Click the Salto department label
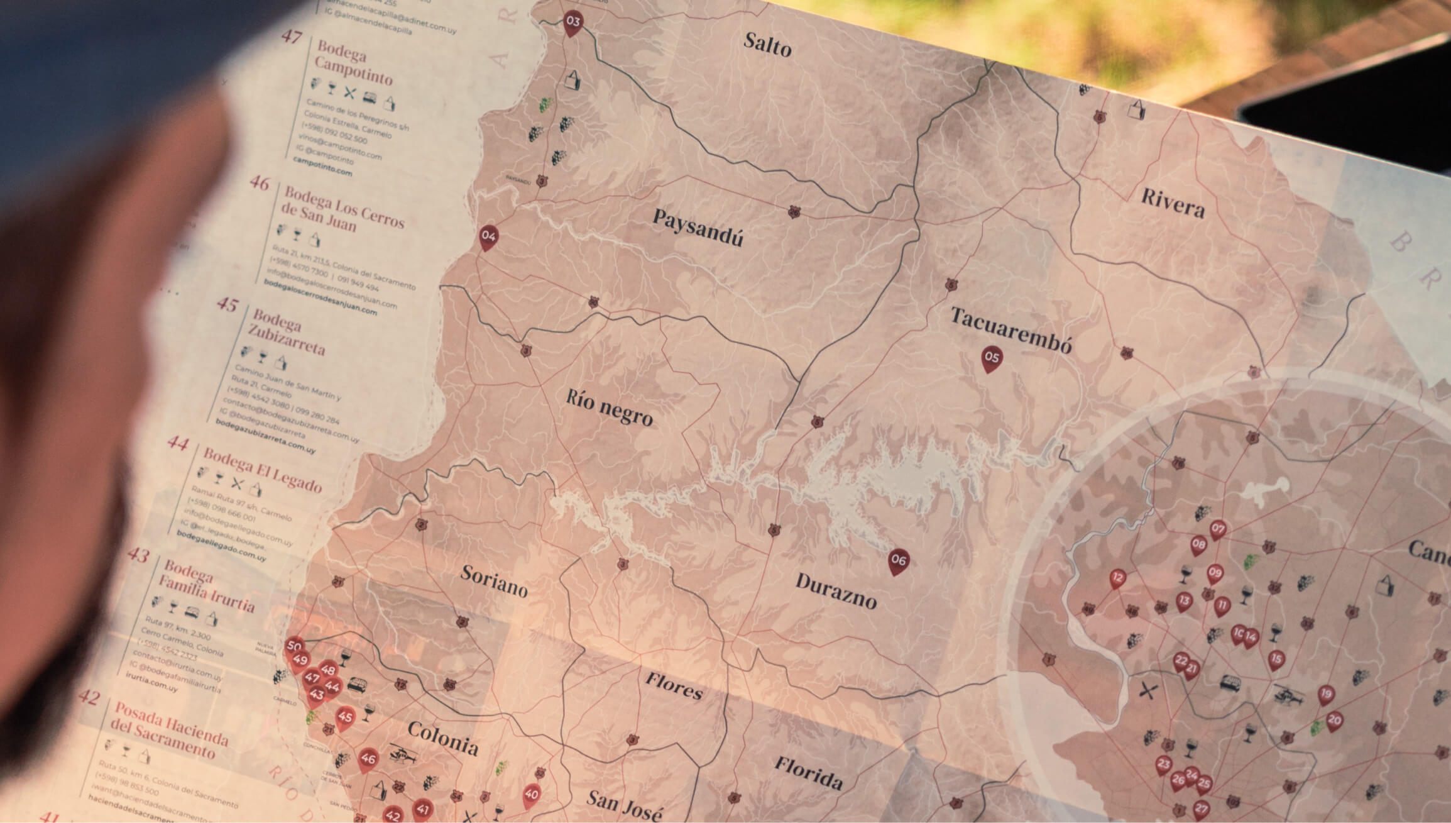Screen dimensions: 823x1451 767,45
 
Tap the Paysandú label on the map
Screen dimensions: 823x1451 698,228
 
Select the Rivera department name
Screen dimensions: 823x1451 1173,202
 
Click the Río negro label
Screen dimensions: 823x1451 609,407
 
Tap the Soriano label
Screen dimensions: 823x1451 494,580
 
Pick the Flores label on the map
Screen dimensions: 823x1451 674,686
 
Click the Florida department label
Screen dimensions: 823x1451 808,773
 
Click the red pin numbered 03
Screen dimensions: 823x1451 572,22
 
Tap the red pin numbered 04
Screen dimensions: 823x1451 488,237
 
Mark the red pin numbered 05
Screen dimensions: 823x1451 992,358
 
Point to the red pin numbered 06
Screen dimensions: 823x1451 899,560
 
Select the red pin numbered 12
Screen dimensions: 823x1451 1117,578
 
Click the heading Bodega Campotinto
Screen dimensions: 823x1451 354,64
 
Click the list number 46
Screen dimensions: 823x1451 260,183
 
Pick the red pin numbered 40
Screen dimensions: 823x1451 532,795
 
